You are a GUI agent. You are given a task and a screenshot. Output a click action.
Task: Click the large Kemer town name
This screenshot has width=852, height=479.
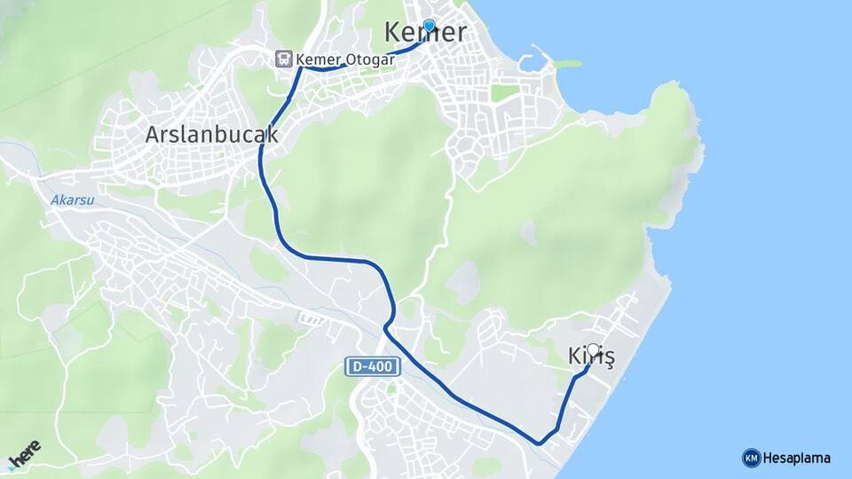point(425,33)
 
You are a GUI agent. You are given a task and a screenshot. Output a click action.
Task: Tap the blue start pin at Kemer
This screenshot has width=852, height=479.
point(430,27)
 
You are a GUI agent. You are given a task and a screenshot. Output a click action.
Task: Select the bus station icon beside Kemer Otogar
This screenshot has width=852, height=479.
point(283,59)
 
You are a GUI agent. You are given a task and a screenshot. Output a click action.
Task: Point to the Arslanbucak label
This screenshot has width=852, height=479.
point(211,135)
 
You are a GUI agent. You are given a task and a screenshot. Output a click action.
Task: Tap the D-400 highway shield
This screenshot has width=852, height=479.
point(374,366)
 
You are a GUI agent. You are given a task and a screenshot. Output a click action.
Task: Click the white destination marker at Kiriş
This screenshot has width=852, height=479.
point(594,350)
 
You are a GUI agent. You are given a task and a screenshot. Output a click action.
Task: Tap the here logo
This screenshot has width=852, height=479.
point(24,455)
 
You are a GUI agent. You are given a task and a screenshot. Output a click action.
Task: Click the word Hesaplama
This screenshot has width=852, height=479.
point(797,458)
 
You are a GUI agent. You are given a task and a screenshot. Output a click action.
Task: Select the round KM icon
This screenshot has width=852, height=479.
point(751,458)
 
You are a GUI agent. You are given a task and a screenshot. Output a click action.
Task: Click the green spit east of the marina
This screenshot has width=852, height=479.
point(566,64)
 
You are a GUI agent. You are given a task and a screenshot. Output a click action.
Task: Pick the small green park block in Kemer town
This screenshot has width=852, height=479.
point(504,92)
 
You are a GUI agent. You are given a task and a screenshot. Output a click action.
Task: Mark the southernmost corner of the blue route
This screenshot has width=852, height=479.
point(539,442)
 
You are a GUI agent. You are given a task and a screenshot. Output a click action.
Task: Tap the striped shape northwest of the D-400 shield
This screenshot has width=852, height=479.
point(312,318)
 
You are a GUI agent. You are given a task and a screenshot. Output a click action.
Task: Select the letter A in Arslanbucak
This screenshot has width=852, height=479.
point(154,135)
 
